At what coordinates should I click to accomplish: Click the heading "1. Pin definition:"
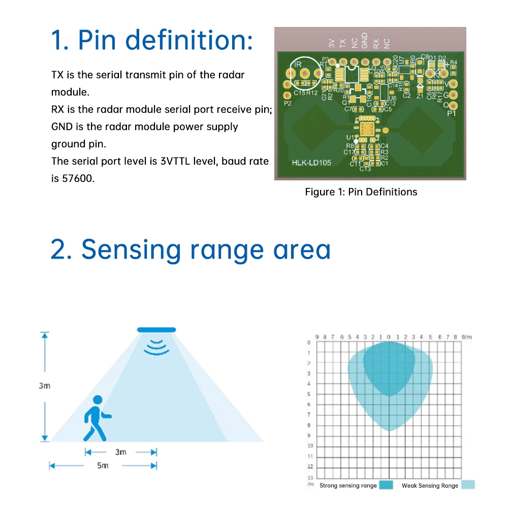point(152,41)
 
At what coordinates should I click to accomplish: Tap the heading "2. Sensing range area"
point(190,249)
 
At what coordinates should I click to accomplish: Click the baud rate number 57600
point(79,178)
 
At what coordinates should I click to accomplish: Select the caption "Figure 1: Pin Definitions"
point(361,192)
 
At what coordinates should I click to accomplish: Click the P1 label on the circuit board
point(451,114)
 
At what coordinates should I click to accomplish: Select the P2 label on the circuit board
point(288,103)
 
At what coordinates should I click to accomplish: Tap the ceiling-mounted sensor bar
point(156,330)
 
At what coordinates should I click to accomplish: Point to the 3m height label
point(45,386)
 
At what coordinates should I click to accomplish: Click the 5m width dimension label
point(103,465)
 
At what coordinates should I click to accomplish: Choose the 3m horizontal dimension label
point(120,452)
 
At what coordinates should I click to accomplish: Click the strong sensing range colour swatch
point(386,485)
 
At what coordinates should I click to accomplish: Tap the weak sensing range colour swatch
point(468,485)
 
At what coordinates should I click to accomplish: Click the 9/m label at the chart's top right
point(467,337)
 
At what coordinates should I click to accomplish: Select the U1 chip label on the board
point(350,138)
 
